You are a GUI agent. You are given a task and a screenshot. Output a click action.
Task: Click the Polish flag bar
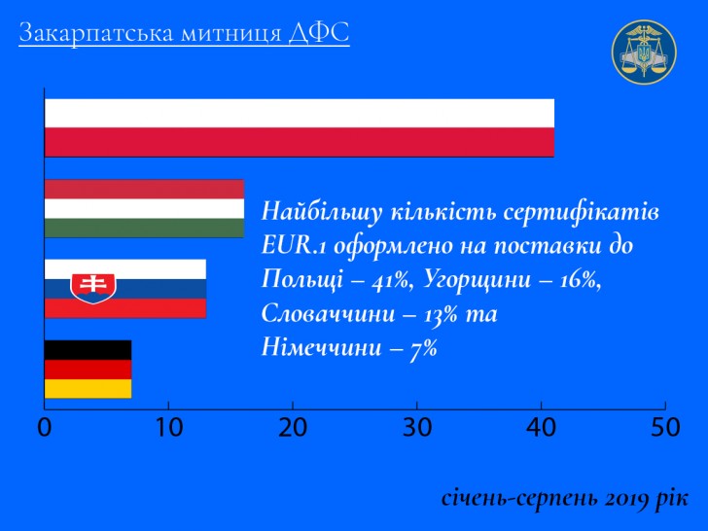pyautogui.click(x=300, y=127)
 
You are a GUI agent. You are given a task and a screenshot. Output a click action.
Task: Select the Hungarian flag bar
pyautogui.click(x=145, y=208)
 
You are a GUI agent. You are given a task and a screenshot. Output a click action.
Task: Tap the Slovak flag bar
pyautogui.click(x=125, y=289)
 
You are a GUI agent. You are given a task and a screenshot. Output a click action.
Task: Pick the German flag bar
pyautogui.click(x=88, y=370)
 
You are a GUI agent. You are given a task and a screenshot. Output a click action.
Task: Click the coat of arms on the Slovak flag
pyautogui.click(x=93, y=288)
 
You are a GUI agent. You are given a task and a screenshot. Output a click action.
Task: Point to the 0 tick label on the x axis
pyautogui.click(x=45, y=427)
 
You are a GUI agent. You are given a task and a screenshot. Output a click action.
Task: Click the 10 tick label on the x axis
pyautogui.click(x=168, y=427)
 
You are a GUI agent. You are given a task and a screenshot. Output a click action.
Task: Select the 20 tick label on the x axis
pyautogui.click(x=293, y=427)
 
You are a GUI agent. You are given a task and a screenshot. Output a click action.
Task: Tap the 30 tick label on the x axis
pyautogui.click(x=417, y=427)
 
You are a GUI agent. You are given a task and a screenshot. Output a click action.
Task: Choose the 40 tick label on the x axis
pyautogui.click(x=541, y=427)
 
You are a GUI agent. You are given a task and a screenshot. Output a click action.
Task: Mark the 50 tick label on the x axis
pyautogui.click(x=665, y=427)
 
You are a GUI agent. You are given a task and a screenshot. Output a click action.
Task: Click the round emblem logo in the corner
pyautogui.click(x=644, y=52)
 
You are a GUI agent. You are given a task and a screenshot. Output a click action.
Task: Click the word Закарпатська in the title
pyautogui.click(x=96, y=33)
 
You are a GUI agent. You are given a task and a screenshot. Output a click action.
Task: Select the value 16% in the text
pyautogui.click(x=580, y=280)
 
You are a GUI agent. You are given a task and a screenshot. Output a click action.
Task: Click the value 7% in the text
pyautogui.click(x=423, y=348)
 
